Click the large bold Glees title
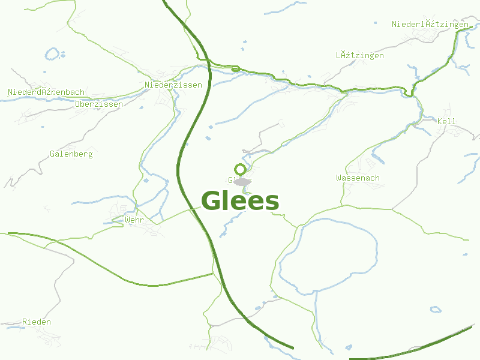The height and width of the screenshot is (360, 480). point(240,201)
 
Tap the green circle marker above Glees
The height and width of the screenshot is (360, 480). point(240,169)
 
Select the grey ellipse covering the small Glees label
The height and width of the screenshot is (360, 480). point(241,181)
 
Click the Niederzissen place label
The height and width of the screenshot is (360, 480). point(173,85)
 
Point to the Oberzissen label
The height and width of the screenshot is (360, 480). point(99,104)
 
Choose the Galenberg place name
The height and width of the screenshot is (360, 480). point(71,154)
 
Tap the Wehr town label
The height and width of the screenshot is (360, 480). point(134,220)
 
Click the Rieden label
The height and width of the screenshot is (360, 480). point(37,322)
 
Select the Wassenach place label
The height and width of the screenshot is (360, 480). point(358,178)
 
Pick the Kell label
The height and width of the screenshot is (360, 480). point(446,121)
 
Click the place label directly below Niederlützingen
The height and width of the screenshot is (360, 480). point(360,55)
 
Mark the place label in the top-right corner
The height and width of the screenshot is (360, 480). point(430,24)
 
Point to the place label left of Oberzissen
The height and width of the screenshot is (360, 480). point(46,92)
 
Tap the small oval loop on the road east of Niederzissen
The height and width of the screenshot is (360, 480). point(235,69)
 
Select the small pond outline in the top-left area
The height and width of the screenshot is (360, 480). point(53,55)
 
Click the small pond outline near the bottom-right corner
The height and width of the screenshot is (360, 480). point(435,310)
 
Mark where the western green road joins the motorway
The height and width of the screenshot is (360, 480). point(213,274)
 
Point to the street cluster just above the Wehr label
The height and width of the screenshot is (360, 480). point(120,209)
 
